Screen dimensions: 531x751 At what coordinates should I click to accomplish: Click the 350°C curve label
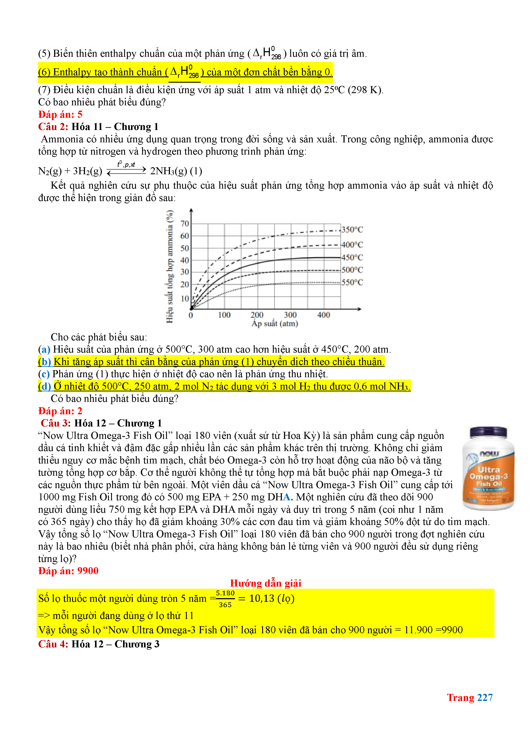click(x=352, y=230)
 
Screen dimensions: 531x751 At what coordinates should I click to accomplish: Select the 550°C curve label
click(x=352, y=282)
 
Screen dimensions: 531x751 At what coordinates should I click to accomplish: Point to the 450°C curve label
click(x=352, y=257)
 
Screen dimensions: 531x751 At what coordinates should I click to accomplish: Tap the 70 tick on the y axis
click(x=185, y=224)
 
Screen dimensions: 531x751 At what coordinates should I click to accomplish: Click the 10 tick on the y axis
click(x=185, y=299)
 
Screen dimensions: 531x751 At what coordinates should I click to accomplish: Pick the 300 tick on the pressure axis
click(x=290, y=315)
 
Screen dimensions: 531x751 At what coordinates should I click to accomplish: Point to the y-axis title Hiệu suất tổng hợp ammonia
click(x=170, y=266)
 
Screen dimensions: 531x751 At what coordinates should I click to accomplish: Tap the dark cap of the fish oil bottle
click(x=488, y=432)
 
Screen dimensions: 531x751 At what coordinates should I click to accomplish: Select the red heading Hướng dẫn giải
click(x=265, y=583)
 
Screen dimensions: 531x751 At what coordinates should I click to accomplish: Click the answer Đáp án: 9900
click(x=68, y=571)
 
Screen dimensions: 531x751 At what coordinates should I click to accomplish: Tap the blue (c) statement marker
click(x=44, y=374)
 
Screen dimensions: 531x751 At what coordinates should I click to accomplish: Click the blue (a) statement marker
click(x=44, y=349)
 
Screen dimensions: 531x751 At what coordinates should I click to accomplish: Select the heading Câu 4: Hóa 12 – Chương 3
click(x=99, y=644)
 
